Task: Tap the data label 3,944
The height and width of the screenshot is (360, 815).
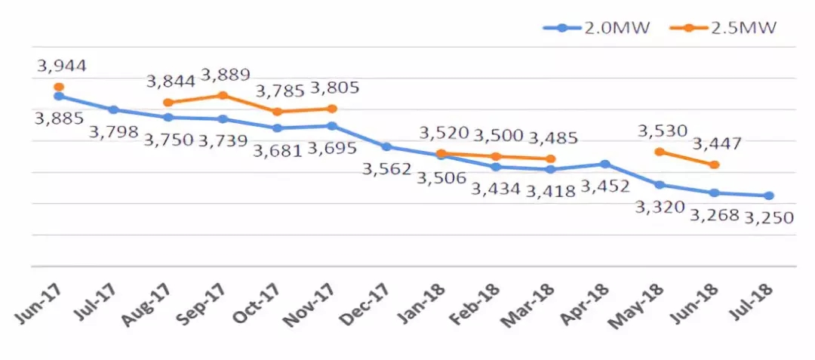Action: click(x=61, y=66)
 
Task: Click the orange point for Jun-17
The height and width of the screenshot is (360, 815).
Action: click(x=59, y=87)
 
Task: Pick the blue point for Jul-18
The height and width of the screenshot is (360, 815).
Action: click(x=769, y=195)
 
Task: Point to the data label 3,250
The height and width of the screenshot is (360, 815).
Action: click(x=769, y=218)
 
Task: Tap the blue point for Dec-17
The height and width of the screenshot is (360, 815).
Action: click(x=386, y=146)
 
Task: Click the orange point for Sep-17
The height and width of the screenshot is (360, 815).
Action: click(x=223, y=95)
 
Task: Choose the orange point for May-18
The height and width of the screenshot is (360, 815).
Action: click(x=660, y=152)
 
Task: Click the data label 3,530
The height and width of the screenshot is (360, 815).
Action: click(x=663, y=131)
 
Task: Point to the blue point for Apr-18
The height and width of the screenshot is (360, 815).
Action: click(x=605, y=164)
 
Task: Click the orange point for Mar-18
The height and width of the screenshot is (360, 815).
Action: click(x=551, y=158)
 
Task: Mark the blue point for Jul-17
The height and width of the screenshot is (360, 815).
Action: click(x=113, y=109)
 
